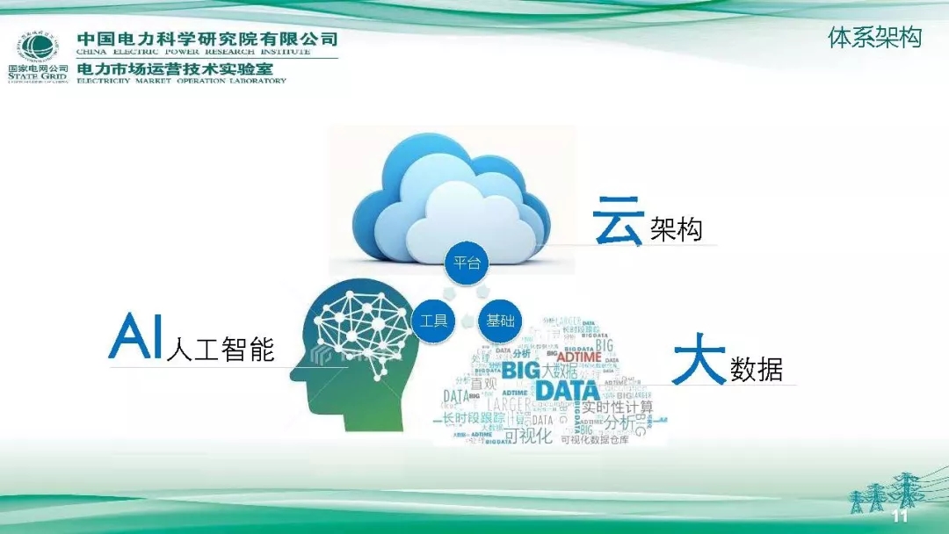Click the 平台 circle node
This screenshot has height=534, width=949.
[466, 263]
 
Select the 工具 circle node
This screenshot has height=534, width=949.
[434, 321]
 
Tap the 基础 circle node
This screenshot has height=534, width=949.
[501, 321]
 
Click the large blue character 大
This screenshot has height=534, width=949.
[699, 364]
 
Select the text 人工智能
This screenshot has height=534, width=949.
[220, 349]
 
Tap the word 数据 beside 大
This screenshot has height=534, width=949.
[757, 370]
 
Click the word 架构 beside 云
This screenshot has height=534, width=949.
[677, 230]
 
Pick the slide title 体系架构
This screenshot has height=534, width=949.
[874, 38]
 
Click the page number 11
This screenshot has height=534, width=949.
[899, 516]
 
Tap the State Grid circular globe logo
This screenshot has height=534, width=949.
[39, 47]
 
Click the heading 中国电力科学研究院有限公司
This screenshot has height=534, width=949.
[207, 40]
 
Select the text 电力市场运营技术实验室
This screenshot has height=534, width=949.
[182, 68]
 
